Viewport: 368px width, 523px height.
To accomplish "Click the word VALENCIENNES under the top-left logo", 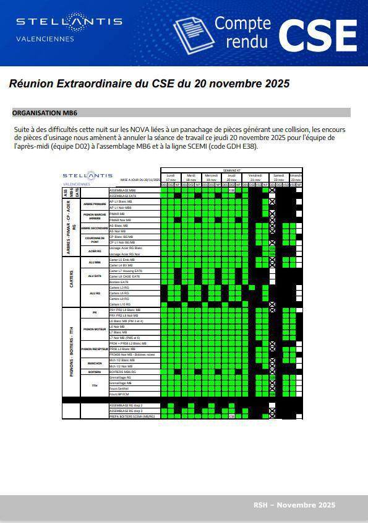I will click(x=45, y=39).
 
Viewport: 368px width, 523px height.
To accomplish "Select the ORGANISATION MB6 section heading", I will click(x=45, y=113).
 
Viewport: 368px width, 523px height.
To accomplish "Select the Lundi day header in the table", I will click(x=170, y=175).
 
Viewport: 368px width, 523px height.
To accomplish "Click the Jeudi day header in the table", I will click(x=231, y=175).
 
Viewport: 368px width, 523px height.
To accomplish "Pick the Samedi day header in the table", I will click(x=279, y=175).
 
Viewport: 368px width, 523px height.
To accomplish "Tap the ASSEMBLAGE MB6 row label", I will click(x=122, y=190).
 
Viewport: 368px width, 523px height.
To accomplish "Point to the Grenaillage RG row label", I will click(x=120, y=377).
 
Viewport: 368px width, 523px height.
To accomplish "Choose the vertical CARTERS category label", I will click(x=72, y=283).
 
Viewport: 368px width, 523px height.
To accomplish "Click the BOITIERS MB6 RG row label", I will click(x=122, y=372).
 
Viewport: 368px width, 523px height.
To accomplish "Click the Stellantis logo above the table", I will click(x=87, y=175).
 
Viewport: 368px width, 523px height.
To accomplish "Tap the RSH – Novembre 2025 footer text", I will click(x=294, y=505).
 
